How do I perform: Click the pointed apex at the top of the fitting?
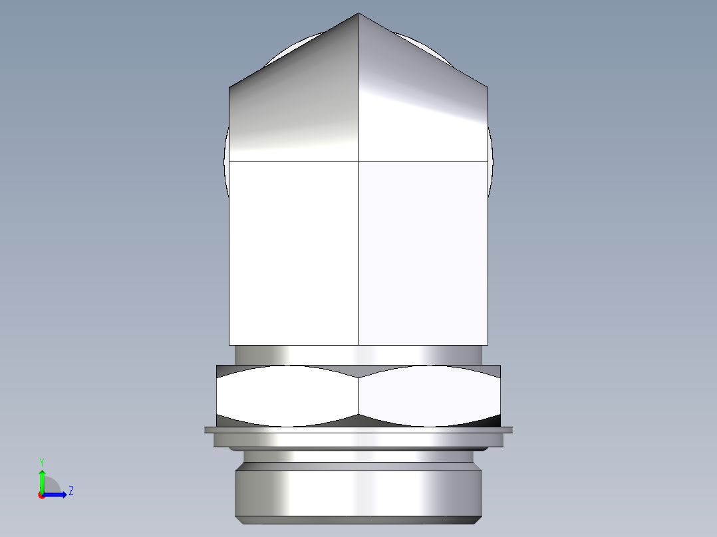click(x=358, y=15)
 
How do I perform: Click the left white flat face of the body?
click(x=293, y=253)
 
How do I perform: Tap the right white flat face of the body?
click(x=422, y=253)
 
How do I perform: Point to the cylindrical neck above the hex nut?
click(x=358, y=355)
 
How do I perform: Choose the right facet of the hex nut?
click(x=429, y=395)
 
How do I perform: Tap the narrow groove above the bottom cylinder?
click(x=358, y=457)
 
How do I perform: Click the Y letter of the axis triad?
click(x=41, y=461)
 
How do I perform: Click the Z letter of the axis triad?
click(x=71, y=491)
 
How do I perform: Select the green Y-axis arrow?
click(x=42, y=480)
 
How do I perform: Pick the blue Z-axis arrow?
click(x=57, y=494)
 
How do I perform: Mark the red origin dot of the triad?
click(x=41, y=495)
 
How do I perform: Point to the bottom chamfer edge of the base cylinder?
click(x=358, y=520)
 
